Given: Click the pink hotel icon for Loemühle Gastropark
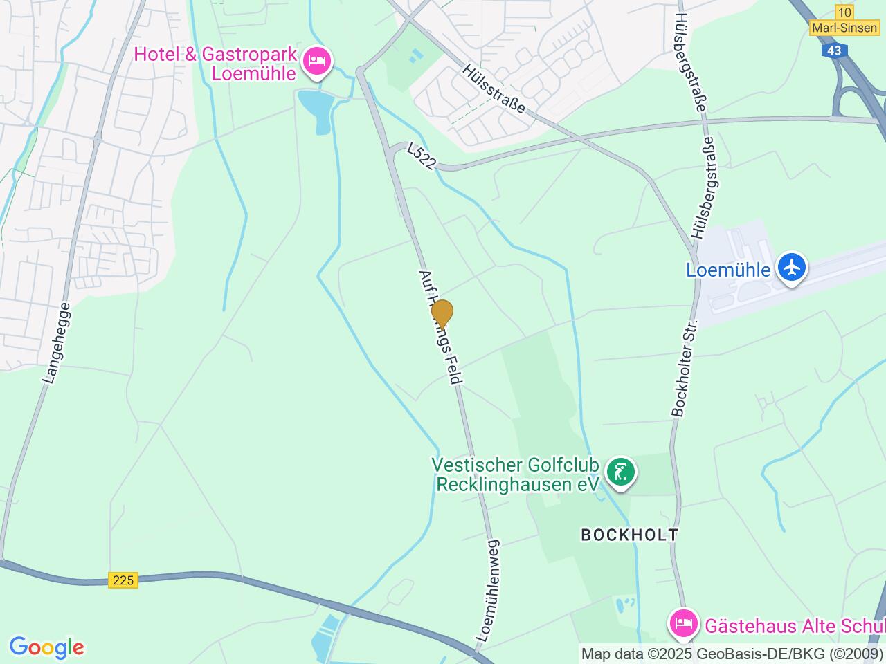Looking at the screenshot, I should [x=318, y=60].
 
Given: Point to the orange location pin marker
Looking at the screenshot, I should [x=442, y=313].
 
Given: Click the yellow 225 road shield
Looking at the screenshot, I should [x=123, y=580].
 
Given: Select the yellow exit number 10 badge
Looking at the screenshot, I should [x=844, y=12].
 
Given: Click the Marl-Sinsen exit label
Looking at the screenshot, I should [x=844, y=28].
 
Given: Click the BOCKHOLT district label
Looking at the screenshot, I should [x=629, y=535].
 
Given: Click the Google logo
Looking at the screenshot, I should [x=46, y=648].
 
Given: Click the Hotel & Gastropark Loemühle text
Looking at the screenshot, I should [x=216, y=64].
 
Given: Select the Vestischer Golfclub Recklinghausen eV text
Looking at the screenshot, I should [x=515, y=474].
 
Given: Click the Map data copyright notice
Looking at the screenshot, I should [x=732, y=654].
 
